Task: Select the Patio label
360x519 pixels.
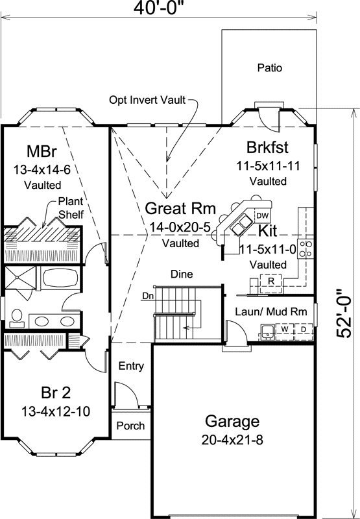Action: tap(270, 67)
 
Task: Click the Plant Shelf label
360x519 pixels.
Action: tap(71, 207)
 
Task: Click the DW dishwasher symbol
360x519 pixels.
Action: tap(262, 215)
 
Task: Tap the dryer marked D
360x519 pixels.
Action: tap(303, 330)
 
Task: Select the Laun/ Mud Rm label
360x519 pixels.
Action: tap(270, 311)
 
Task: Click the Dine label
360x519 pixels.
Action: tap(182, 274)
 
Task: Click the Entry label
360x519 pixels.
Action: tap(130, 366)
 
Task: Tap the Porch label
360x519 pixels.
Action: tap(130, 426)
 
